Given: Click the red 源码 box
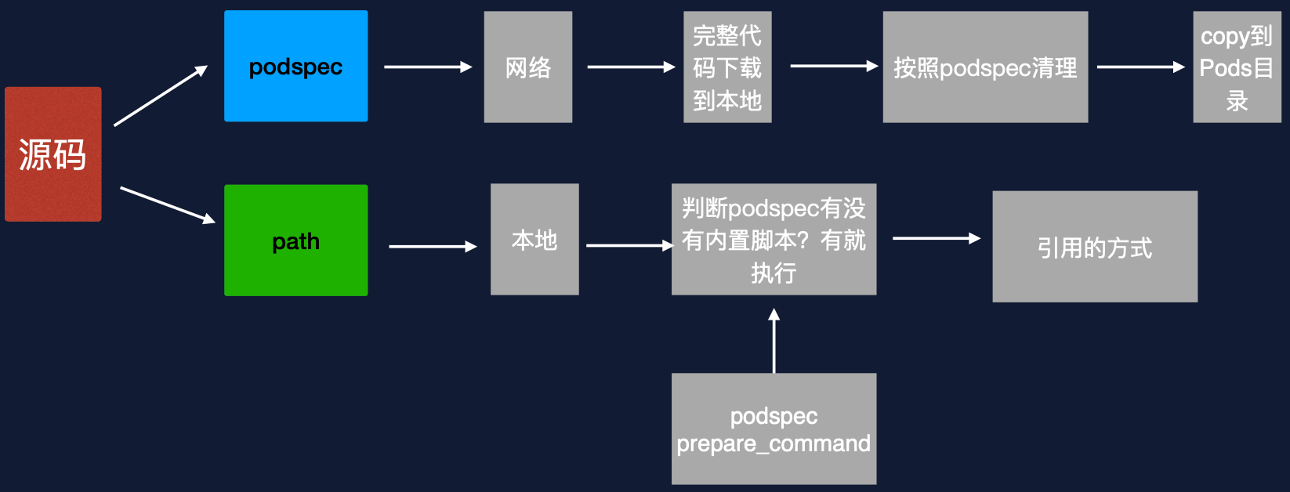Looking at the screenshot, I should point(53,154).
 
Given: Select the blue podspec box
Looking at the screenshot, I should point(295,67).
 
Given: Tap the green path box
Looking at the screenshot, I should point(295,241).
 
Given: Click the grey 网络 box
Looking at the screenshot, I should point(527,67).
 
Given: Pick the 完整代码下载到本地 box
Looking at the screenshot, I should point(727,67).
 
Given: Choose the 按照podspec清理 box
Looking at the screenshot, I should point(985,67).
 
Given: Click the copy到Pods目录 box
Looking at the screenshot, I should point(1237,67).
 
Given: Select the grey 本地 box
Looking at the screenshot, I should point(534,240).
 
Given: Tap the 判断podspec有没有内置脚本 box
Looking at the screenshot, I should point(774,240).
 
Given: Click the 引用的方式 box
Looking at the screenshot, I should point(1095,247).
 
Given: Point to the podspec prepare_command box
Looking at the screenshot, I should point(774,429).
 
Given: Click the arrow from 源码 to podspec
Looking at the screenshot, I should point(161,96).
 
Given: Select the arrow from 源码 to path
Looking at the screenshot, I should point(167,204).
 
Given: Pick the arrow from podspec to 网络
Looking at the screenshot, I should point(427,67).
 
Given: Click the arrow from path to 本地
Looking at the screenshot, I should point(433,247).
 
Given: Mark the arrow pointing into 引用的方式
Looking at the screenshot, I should point(936,238).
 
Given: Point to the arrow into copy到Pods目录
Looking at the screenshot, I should point(1140,67).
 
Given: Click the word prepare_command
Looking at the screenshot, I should point(774,443).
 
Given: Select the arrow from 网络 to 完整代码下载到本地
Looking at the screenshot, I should point(630,67).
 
